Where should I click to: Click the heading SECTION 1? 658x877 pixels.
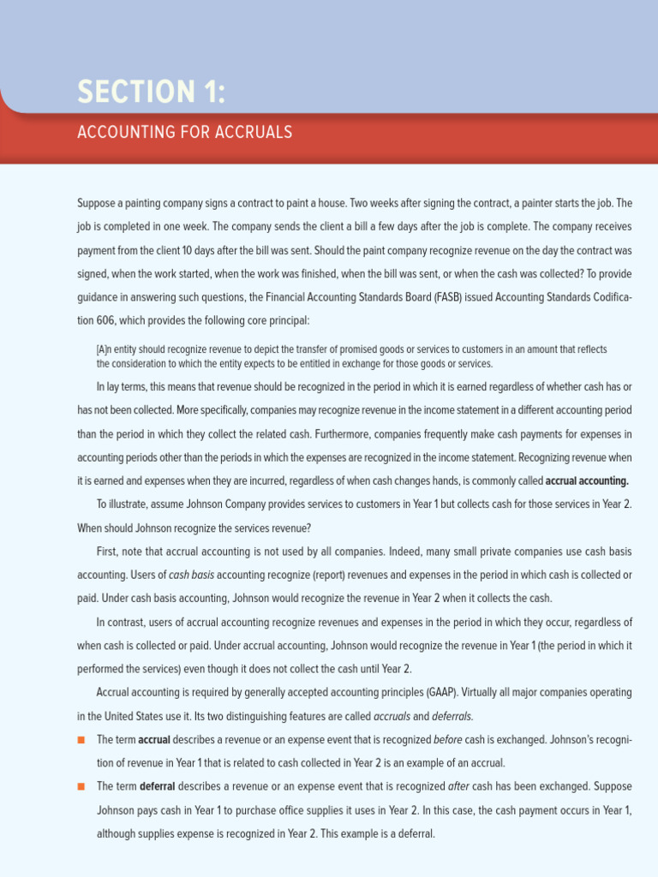coord(152,91)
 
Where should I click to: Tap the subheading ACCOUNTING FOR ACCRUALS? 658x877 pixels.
coord(184,132)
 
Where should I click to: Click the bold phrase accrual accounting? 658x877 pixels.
coord(587,481)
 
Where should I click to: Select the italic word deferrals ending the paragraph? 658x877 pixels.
coord(452,716)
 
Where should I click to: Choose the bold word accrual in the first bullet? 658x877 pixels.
coord(154,739)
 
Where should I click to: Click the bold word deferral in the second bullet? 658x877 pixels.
coord(157,786)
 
